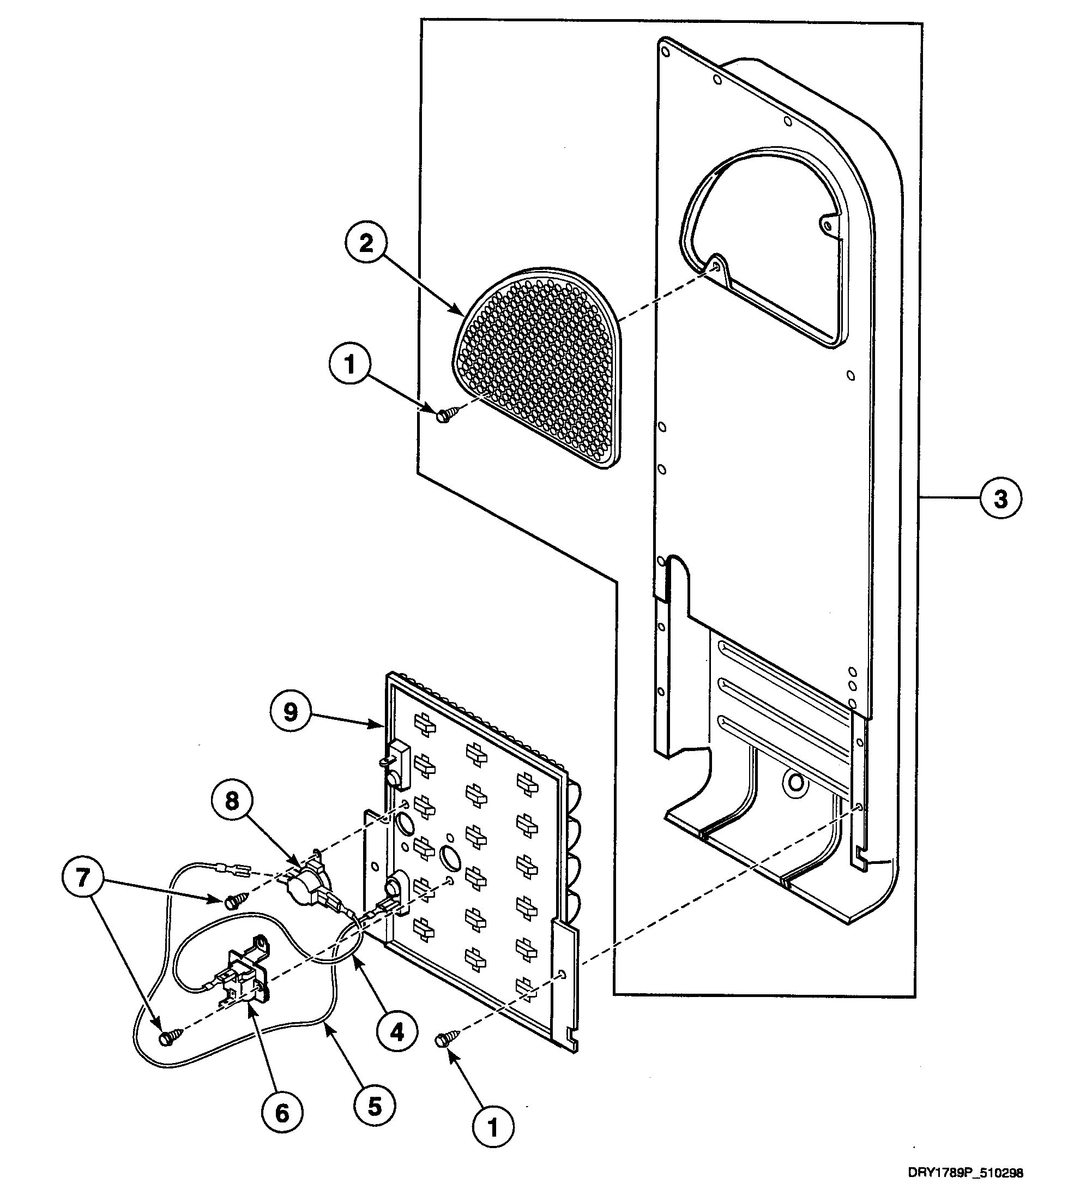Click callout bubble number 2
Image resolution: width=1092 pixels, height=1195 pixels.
366,243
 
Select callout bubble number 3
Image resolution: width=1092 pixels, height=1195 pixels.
1000,499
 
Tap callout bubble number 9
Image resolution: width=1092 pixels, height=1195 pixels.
291,712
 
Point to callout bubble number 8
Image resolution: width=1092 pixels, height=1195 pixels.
232,801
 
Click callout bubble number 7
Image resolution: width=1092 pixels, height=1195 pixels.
82,878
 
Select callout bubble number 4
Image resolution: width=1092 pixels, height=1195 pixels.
396,1032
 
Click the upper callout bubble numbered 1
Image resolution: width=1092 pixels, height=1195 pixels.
349,363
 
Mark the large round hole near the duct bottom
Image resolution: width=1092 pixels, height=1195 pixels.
796,783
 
